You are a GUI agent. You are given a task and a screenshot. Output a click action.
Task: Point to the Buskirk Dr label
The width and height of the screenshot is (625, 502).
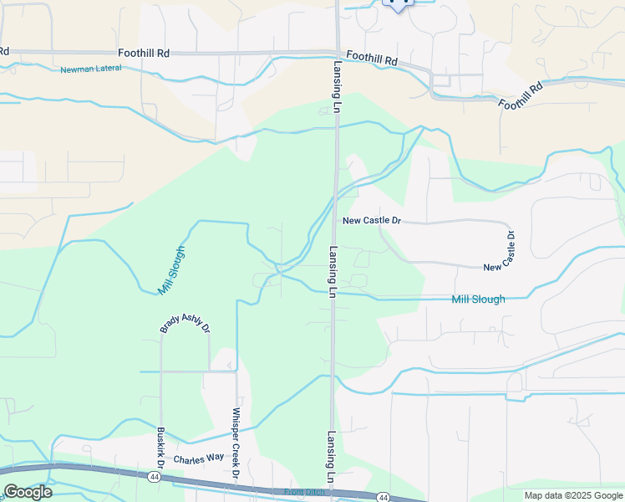click(160, 449)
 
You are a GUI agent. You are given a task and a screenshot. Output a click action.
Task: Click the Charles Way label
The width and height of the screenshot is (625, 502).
click(198, 458)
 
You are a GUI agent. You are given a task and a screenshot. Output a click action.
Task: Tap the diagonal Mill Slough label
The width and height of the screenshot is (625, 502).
click(171, 269)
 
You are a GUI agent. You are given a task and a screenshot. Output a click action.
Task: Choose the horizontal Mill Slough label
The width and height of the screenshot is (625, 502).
click(478, 299)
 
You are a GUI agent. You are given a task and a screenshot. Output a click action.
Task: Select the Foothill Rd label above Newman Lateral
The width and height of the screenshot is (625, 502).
click(144, 53)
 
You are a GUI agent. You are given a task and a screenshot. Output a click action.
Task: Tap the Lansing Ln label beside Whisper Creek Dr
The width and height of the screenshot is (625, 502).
click(332, 455)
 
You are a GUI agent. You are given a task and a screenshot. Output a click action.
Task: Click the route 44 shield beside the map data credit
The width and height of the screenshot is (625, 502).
click(383, 497)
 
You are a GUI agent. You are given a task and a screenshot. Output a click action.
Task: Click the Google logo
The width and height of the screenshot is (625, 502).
click(28, 492)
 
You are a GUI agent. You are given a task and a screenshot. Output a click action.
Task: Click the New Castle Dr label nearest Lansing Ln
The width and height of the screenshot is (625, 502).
click(373, 221)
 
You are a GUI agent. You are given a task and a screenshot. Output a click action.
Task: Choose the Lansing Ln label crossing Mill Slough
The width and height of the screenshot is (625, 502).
click(332, 272)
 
